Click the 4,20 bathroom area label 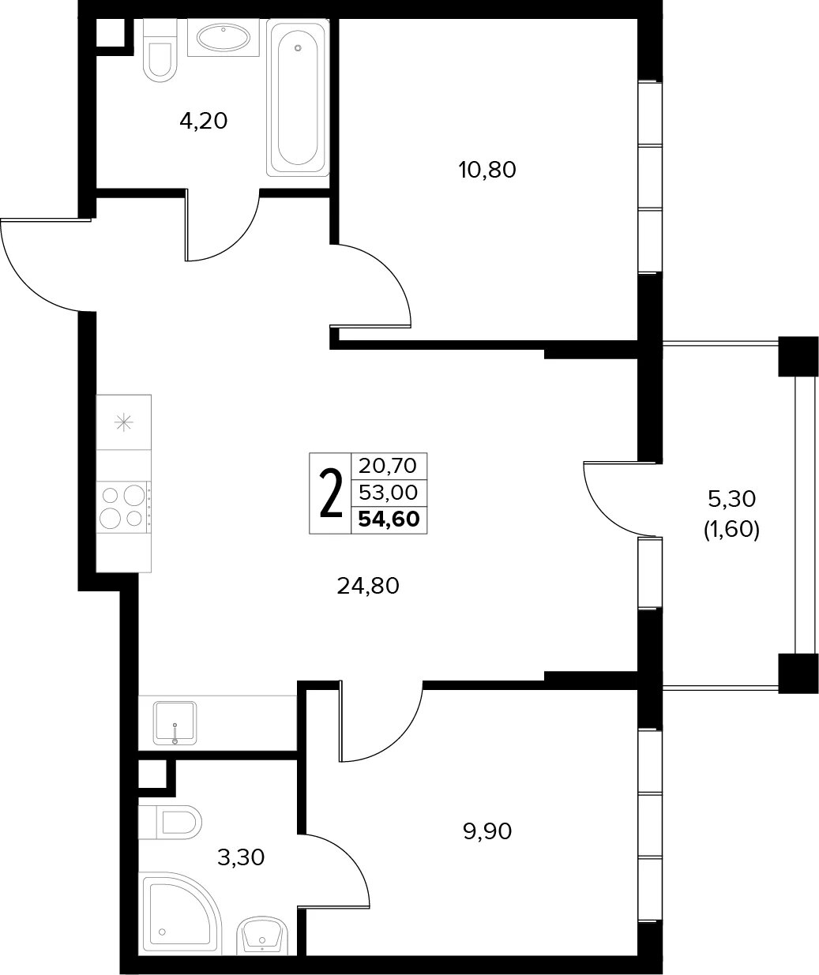pyautogui.click(x=203, y=122)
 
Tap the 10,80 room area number pyautogui.click(x=487, y=170)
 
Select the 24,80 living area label pyautogui.click(x=368, y=586)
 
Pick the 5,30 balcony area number pyautogui.click(x=732, y=499)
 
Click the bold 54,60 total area pyautogui.click(x=389, y=519)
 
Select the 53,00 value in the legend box pyautogui.click(x=389, y=492)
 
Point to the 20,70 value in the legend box pyautogui.click(x=388, y=466)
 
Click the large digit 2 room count pyautogui.click(x=331, y=493)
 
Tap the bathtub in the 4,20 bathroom pyautogui.click(x=298, y=98)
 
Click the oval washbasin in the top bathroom pyautogui.click(x=224, y=37)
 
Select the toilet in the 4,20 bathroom pyautogui.click(x=160, y=51)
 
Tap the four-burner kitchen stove pyautogui.click(x=124, y=507)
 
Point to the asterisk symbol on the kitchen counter pyautogui.click(x=124, y=423)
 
